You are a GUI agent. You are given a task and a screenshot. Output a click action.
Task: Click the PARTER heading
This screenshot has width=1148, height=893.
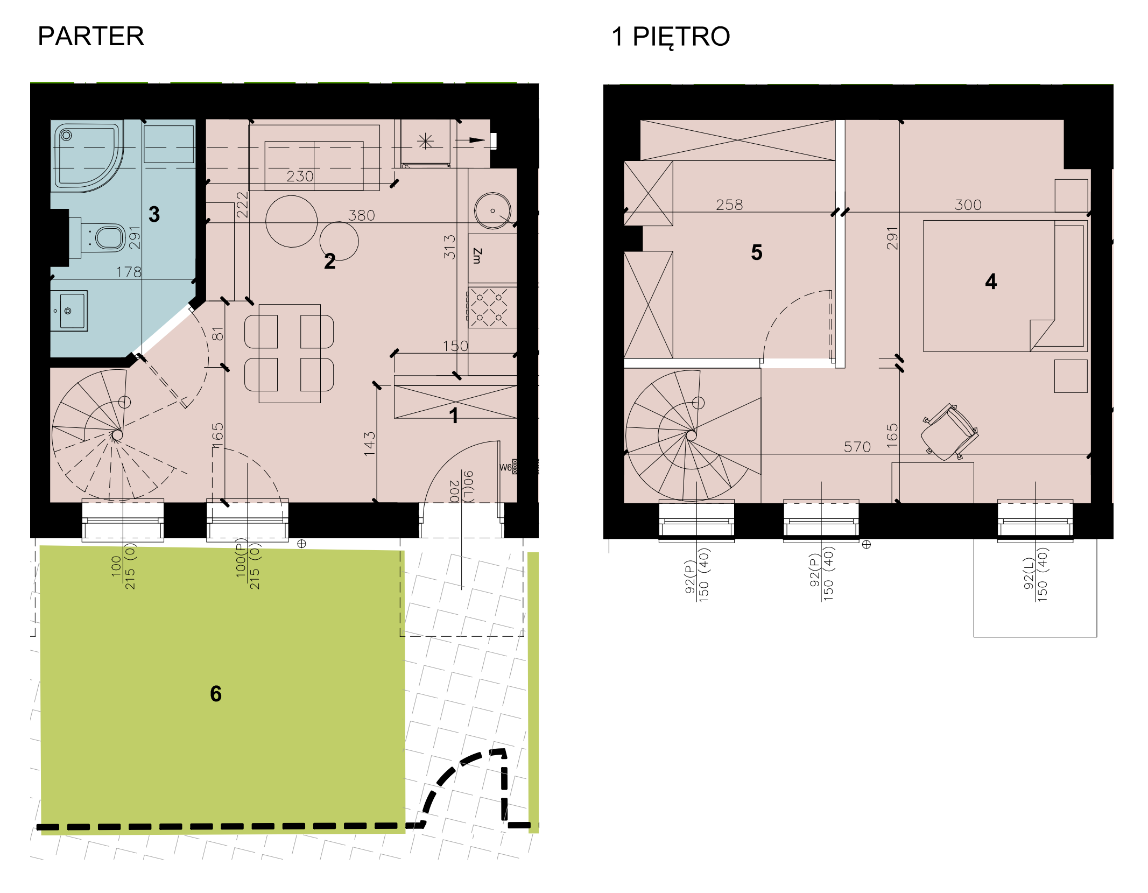91,37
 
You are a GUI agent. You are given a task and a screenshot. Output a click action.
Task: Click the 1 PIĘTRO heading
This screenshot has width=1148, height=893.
671,37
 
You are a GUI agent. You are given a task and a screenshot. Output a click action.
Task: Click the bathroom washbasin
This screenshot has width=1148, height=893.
69,311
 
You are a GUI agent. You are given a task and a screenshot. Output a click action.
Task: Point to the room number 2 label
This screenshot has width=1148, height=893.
330,262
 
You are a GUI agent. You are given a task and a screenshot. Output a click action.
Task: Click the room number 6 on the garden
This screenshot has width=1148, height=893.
216,694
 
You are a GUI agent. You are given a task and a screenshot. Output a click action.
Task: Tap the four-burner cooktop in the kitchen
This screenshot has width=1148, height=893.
492,307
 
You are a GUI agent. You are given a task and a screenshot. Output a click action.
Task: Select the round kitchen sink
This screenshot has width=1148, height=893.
492,210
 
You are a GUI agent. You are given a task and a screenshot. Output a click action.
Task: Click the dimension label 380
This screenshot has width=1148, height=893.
362,216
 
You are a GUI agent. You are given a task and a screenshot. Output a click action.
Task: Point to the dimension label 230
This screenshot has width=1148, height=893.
300,177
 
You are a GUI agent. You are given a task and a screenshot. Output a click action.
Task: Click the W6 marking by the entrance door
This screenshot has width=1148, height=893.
505,467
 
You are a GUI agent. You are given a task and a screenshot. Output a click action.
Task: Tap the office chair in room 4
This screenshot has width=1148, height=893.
949,432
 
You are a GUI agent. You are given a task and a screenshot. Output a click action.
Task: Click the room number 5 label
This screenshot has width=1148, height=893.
757,252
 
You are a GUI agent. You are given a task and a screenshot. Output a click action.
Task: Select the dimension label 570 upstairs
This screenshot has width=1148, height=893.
857,447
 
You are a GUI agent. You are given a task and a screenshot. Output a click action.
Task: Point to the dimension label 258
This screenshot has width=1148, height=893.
729,205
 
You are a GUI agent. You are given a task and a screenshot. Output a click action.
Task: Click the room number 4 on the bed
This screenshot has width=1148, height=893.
991,282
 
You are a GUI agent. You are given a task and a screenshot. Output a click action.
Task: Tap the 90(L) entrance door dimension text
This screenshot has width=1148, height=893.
468,486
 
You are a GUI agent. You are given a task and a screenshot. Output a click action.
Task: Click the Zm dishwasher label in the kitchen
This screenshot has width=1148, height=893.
477,256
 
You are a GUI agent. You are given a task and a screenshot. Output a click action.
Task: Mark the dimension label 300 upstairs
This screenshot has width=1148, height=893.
968,205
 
